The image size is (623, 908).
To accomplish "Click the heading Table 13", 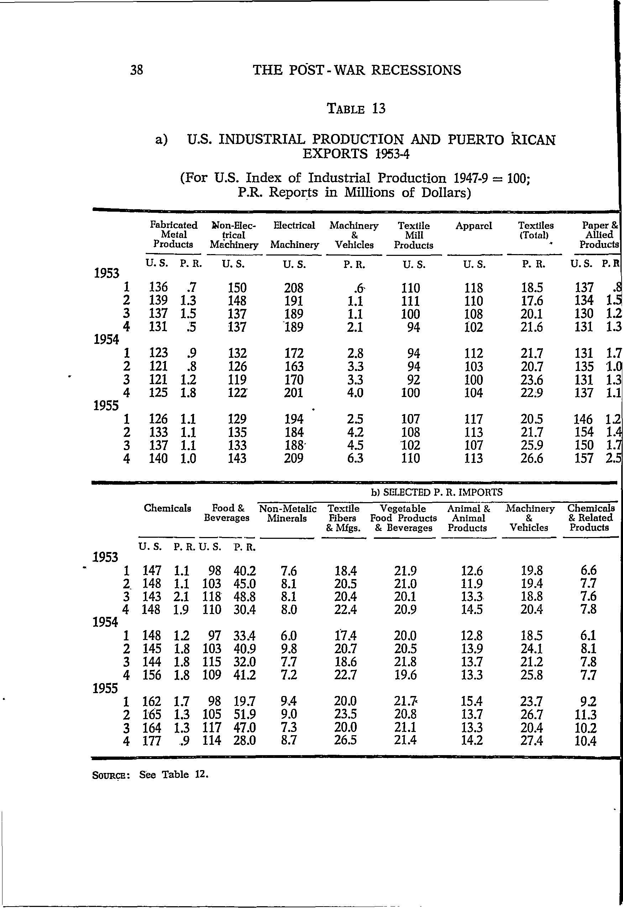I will (357, 109).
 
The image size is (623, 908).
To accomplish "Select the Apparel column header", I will (473, 226).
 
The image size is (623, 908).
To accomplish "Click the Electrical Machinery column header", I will (294, 235).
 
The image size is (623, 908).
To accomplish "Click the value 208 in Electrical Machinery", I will (294, 288).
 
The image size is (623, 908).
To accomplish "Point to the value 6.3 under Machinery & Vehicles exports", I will (355, 458).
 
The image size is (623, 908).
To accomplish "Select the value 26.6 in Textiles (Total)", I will (532, 458).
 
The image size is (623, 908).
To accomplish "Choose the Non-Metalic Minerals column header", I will (288, 514).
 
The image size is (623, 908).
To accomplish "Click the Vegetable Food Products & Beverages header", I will (403, 518).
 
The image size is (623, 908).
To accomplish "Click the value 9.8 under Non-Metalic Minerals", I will (289, 649).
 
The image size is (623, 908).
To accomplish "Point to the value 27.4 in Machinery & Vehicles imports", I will (532, 741).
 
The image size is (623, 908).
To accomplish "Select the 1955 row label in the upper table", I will (106, 406).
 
